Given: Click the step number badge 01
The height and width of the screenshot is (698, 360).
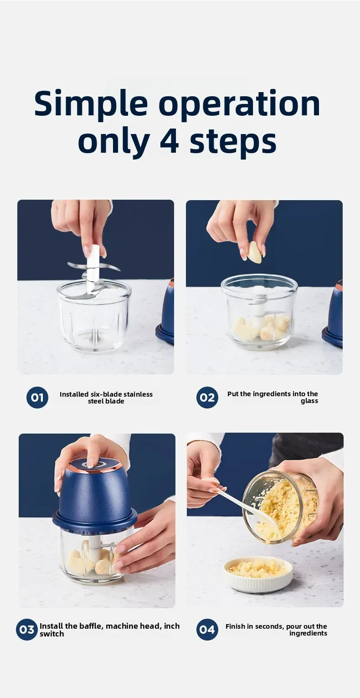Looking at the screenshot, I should pos(37,398).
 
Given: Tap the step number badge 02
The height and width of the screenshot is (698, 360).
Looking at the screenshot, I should pos(207,398).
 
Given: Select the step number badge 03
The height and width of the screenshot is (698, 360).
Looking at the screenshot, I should pos(27,630).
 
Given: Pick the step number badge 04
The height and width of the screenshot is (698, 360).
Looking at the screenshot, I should pos(207,630).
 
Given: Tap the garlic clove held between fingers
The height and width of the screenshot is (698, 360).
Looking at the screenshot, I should pos(254,252).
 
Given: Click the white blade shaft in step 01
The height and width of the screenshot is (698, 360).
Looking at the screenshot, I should pos(93,264).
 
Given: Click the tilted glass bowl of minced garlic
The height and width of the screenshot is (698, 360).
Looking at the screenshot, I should pos(283,506).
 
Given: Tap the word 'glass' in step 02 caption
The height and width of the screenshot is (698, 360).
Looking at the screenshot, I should pos(309,401).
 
